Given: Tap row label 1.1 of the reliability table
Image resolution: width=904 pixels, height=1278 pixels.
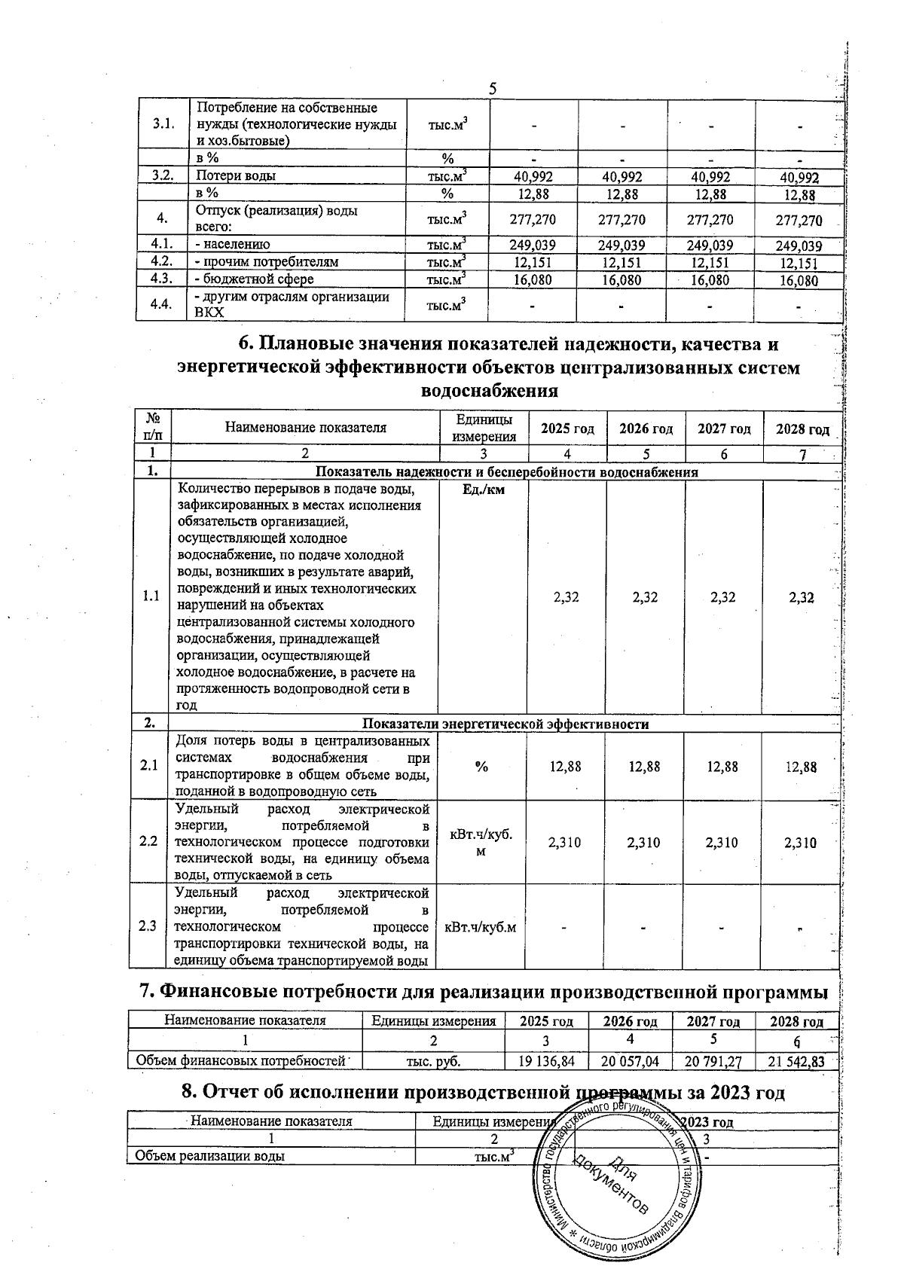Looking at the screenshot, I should [x=151, y=596].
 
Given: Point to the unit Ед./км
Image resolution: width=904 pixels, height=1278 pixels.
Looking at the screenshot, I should [x=482, y=490].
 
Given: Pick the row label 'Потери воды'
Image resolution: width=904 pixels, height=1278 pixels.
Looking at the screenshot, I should [x=236, y=175].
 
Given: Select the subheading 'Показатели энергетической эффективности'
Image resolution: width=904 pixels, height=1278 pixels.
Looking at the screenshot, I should [x=505, y=724].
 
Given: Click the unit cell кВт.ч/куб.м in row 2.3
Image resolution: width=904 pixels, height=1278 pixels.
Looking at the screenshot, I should [x=481, y=926].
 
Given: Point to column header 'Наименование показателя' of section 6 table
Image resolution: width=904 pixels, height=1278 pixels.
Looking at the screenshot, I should [x=305, y=428].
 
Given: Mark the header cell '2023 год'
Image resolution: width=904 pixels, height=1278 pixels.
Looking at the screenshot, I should [x=705, y=1121].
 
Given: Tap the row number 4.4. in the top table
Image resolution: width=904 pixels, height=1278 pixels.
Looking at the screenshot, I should [x=160, y=305].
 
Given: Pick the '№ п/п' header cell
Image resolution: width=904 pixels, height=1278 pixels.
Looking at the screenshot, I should [x=151, y=426].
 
